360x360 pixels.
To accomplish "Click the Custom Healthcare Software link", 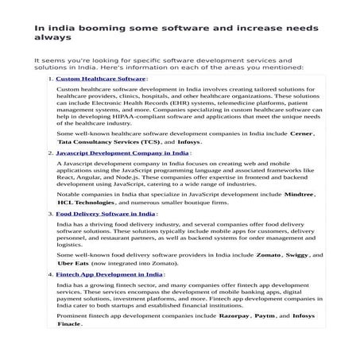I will [101, 79].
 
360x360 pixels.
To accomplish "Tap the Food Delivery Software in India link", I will [106, 214].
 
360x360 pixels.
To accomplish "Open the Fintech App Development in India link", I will [110, 274].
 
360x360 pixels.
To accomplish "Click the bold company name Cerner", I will [303, 134].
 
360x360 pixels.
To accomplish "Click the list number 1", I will [50, 79].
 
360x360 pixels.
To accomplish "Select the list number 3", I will [50, 214].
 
